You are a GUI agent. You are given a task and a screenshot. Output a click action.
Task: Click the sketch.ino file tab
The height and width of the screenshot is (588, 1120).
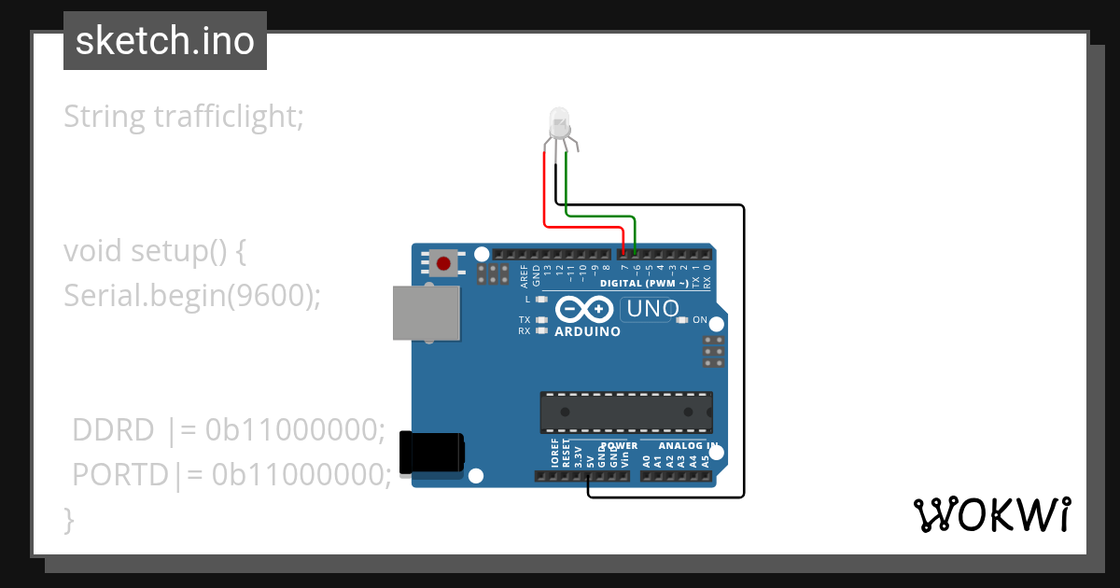(165, 41)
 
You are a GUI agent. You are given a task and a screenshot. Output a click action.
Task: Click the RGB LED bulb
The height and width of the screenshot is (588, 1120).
(559, 122)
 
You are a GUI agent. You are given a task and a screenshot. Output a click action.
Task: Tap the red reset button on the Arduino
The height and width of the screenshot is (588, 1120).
(444, 264)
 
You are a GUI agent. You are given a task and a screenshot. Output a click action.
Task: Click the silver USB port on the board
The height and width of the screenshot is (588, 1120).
(426, 313)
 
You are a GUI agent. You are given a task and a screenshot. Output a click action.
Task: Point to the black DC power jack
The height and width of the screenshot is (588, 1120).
(430, 453)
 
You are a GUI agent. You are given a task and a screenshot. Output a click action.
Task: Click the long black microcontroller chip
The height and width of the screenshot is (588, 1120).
(625, 412)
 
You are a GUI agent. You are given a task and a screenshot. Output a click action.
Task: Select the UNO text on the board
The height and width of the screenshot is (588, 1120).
(652, 309)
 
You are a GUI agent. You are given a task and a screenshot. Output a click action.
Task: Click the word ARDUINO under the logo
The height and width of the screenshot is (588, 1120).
(587, 331)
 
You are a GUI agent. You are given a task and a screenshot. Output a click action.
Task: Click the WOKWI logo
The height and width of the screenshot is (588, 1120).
(991, 515)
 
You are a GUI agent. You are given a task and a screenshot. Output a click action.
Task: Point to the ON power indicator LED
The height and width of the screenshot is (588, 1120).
(681, 320)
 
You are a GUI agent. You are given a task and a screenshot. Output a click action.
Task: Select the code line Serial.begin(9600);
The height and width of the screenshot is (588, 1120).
(192, 295)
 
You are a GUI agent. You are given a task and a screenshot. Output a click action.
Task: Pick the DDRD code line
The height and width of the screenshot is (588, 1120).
(228, 430)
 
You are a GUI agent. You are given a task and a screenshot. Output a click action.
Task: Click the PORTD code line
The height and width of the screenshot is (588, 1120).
(231, 474)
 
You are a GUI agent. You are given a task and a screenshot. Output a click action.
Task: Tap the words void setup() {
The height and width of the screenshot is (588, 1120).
(154, 251)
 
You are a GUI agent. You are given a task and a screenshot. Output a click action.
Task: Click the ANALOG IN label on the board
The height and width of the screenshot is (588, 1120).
(687, 446)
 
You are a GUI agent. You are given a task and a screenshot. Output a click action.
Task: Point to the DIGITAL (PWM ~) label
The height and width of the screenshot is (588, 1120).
(645, 282)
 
